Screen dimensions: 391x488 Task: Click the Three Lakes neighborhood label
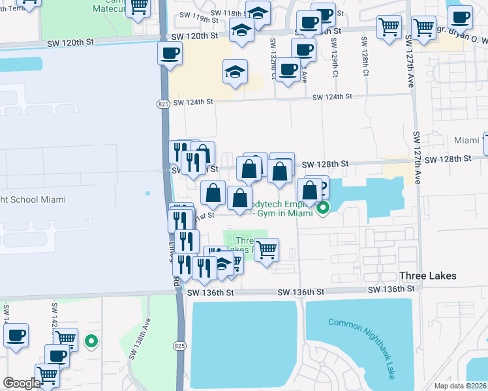pyautogui.click(x=428, y=276)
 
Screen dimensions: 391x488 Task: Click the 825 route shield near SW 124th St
pyautogui.click(x=163, y=104)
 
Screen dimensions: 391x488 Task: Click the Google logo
pyautogui.click(x=22, y=383)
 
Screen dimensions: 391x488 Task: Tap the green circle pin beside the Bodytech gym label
pyautogui.click(x=323, y=209)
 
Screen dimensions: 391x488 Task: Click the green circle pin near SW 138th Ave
pyautogui.click(x=92, y=340)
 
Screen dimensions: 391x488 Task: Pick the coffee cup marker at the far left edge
pyautogui.click(x=16, y=336)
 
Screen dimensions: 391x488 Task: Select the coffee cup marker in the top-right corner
pyautogui.click(x=460, y=18)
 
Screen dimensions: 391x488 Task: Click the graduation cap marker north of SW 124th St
pyautogui.click(x=235, y=72)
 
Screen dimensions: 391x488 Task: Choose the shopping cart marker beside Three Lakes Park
pyautogui.click(x=266, y=249)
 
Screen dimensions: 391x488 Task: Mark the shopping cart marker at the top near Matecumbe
pyautogui.click(x=138, y=7)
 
